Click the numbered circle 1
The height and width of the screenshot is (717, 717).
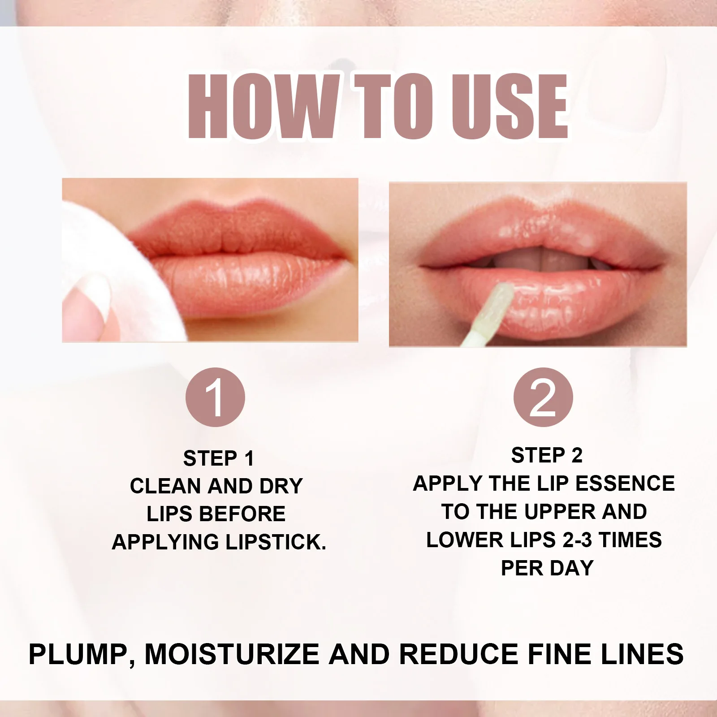click(x=215, y=397)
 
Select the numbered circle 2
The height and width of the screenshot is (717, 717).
click(x=543, y=397)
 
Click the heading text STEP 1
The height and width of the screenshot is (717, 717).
click(x=219, y=458)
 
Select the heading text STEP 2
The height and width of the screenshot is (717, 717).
click(x=547, y=455)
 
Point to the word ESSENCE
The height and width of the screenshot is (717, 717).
click(x=625, y=484)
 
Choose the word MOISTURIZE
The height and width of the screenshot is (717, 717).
click(x=232, y=654)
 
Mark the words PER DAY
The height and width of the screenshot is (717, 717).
click(x=547, y=568)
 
